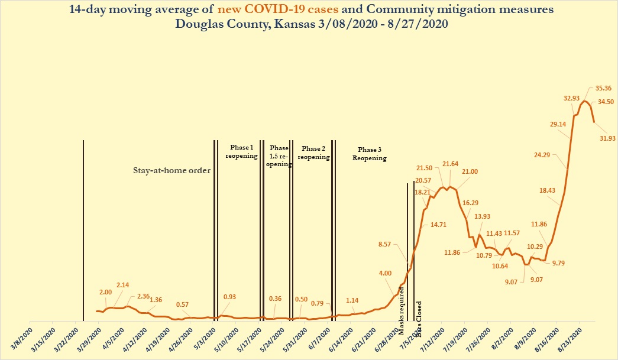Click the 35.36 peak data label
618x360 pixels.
(x=599, y=89)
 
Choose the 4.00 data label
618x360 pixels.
(x=385, y=273)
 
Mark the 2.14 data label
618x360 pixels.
(x=122, y=286)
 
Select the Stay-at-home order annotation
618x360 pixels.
(x=172, y=171)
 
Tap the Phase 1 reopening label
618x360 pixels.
(x=241, y=152)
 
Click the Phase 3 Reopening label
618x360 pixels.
(x=370, y=154)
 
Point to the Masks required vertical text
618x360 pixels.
(x=403, y=303)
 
